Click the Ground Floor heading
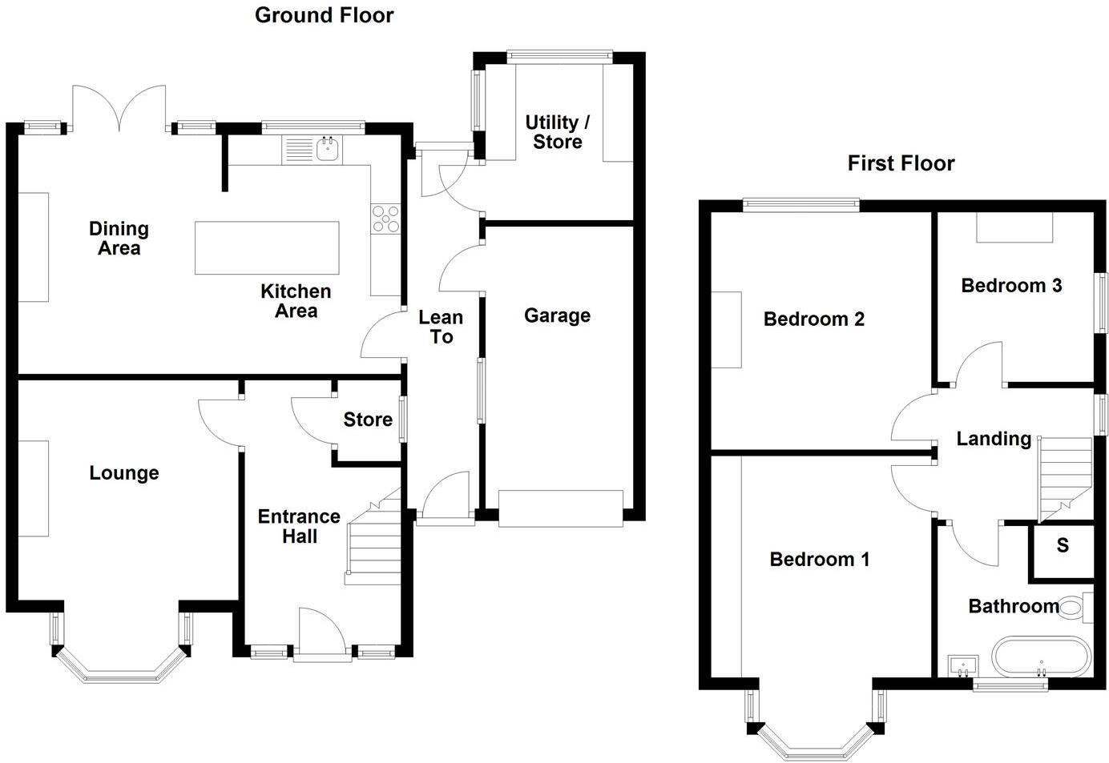pyautogui.click(x=324, y=15)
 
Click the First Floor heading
pyautogui.click(x=901, y=163)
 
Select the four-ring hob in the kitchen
pyautogui.click(x=385, y=219)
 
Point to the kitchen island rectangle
pyautogui.click(x=267, y=248)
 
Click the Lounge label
pyautogui.click(x=123, y=473)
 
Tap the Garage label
pyautogui.click(x=557, y=315)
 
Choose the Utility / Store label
pyautogui.click(x=558, y=132)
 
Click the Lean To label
pyautogui.click(x=441, y=327)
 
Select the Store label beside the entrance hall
pyautogui.click(x=368, y=420)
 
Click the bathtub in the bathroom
pyautogui.click(x=1041, y=658)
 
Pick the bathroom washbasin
pyautogui.click(x=962, y=665)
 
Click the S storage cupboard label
pyautogui.click(x=1063, y=546)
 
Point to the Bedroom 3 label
pyautogui.click(x=1011, y=285)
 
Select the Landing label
pyautogui.click(x=994, y=439)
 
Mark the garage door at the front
pyautogui.click(x=560, y=508)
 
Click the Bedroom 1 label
pyautogui.click(x=819, y=559)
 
